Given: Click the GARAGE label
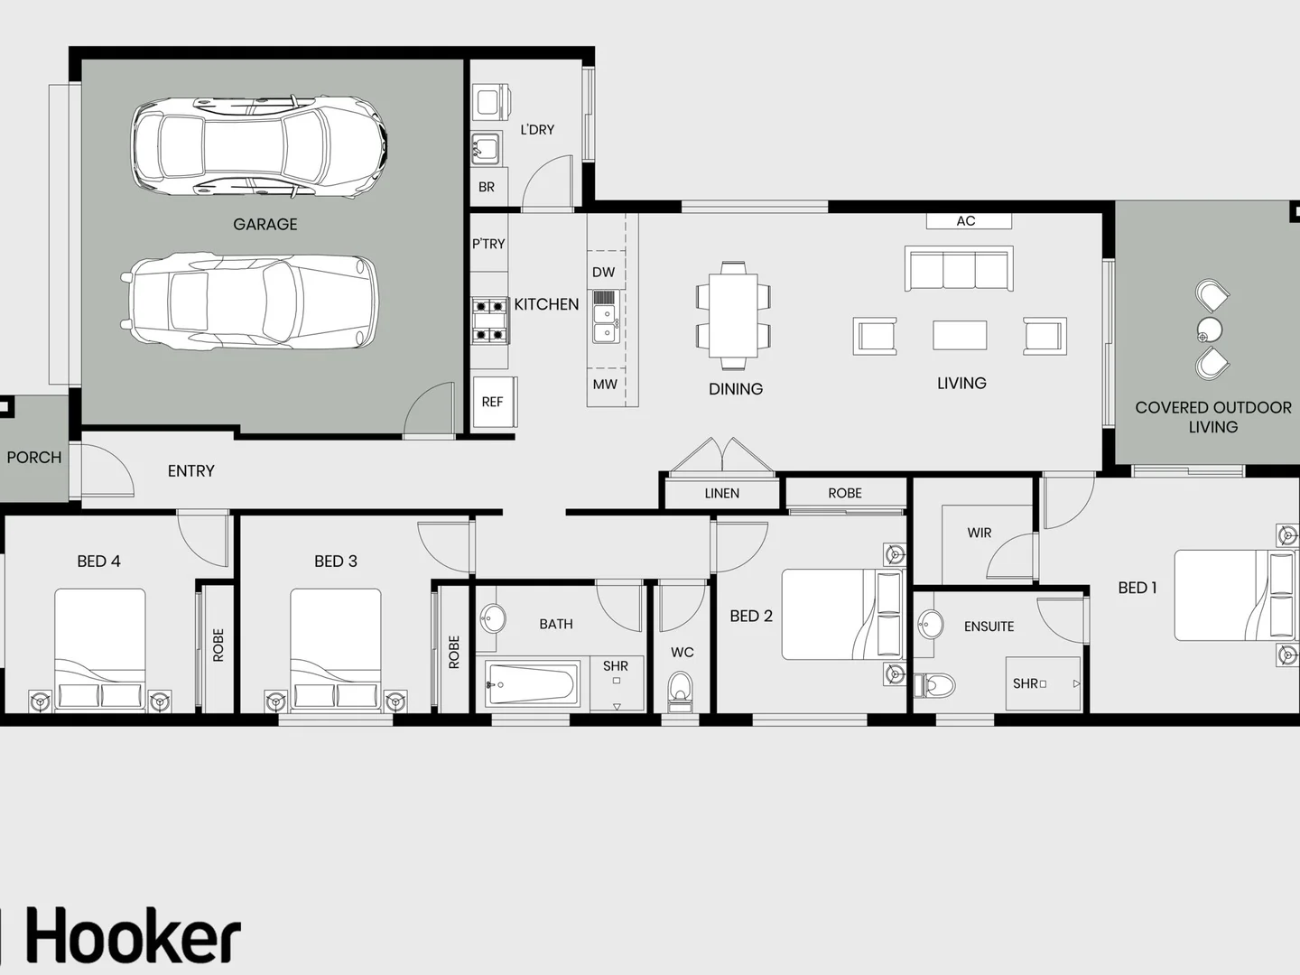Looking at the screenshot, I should click(x=265, y=224).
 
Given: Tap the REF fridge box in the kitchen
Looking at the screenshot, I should click(x=493, y=402).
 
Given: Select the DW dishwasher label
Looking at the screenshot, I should click(x=603, y=272).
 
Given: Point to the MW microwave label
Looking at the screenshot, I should click(x=605, y=385).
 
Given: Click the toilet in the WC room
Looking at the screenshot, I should click(x=681, y=690).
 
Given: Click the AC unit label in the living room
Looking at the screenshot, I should click(x=966, y=220).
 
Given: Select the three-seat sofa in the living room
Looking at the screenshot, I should click(x=959, y=269).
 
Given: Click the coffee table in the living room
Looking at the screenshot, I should click(x=960, y=335).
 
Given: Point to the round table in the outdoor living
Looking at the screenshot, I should click(x=1209, y=330).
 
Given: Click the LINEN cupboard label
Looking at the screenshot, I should click(x=722, y=493).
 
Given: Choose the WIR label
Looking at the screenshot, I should click(x=980, y=533).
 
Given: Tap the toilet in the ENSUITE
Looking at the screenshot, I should click(x=934, y=685).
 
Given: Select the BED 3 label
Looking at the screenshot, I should click(x=336, y=562).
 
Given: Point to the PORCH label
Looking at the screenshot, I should click(x=34, y=458).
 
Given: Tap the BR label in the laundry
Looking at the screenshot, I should click(x=487, y=188).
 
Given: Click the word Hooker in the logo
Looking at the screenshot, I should click(x=134, y=937).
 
